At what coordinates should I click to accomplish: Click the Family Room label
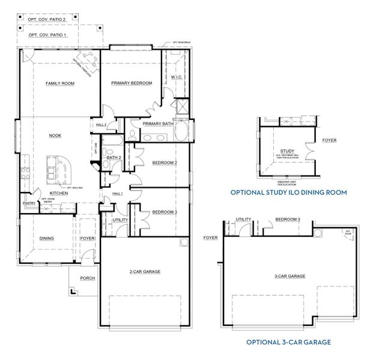60,83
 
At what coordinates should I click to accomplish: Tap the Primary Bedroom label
132,83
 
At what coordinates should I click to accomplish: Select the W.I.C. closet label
177,77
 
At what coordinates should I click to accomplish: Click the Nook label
55,136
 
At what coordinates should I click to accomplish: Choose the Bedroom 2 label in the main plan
164,163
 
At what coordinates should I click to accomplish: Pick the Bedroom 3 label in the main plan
164,212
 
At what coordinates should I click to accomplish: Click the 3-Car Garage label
290,276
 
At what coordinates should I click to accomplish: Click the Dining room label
47,238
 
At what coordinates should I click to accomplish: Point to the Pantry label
29,203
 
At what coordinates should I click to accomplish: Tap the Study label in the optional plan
287,151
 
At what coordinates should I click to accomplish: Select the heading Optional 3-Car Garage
289,342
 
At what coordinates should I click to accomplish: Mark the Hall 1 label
118,194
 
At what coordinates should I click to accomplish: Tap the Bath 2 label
114,158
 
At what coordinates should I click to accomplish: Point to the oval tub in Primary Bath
183,131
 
